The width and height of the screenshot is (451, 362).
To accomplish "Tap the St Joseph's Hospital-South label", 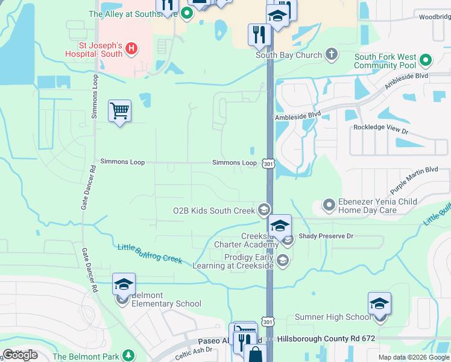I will tap(101, 49).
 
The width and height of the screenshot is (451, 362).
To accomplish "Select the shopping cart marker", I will tap(120, 111).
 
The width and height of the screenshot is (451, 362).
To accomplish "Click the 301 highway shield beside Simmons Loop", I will tap(268, 163).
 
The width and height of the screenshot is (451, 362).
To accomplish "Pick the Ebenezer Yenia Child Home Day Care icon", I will tap(329, 205).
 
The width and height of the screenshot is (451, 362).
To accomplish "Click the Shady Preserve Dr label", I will tap(325, 236).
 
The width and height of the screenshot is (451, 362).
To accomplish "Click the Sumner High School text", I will tap(333, 317).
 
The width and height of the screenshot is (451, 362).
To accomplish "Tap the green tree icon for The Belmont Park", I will tap(127, 355).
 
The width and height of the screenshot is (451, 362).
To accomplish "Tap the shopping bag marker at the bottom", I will tap(256, 354).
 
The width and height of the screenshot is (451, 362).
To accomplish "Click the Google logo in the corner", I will tap(20, 355).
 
